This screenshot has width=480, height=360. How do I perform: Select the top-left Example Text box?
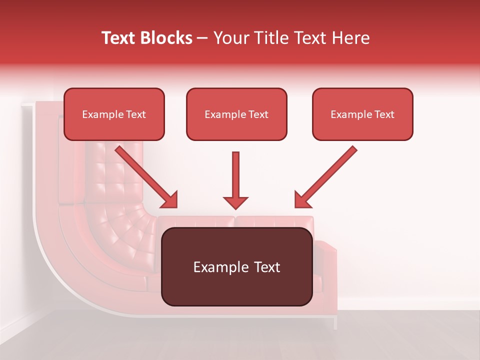pos(114,114)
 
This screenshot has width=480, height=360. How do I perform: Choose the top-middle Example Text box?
pos(236,114)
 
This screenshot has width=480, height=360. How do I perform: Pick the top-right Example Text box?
pos(362,114)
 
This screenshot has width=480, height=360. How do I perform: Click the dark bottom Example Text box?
pos(237,267)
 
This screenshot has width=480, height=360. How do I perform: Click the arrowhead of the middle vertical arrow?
pos(235,202)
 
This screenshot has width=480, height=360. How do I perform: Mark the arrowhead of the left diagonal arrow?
pos(170,200)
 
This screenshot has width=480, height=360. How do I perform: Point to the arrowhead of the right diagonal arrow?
pos(302,200)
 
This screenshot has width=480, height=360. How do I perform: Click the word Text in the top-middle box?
pos(257,114)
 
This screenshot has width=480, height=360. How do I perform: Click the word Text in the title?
pos(120,38)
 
